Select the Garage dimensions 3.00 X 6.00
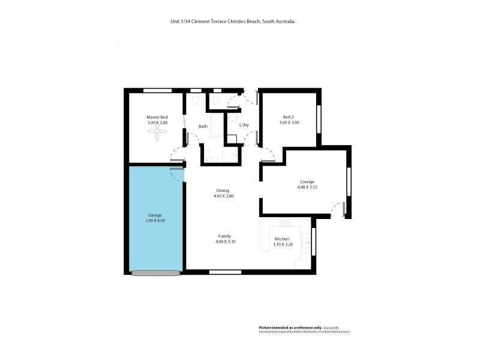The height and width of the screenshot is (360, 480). tap(155, 221)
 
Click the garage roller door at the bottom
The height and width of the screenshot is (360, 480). tap(155, 273)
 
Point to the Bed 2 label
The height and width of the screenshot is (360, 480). tap(288, 117)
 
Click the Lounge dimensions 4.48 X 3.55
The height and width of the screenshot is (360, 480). tap(307, 187)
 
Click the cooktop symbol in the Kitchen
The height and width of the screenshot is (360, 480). tap(284, 221)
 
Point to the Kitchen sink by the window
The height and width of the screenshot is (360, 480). tap(305, 242)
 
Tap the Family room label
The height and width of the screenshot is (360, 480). tap(223, 236)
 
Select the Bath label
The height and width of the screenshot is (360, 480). tap(203, 126)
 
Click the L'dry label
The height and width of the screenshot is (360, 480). tap(244, 125)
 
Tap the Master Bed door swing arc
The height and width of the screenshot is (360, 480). tap(178, 154)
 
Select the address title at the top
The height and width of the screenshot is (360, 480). tap(233, 21)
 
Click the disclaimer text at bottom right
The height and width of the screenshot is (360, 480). tap(304, 329)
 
